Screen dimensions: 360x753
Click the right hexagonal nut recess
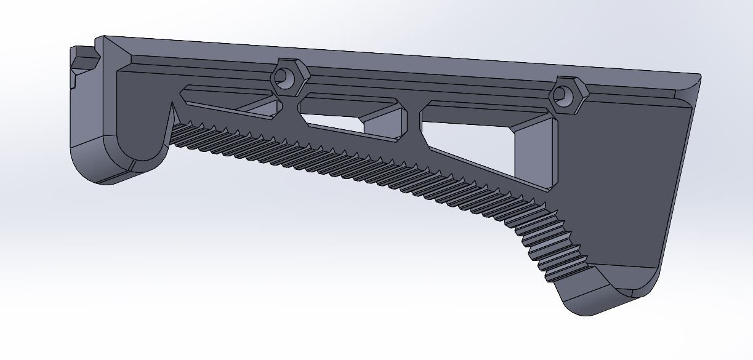click(566, 95)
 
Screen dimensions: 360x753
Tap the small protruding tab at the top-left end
click(84, 59)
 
